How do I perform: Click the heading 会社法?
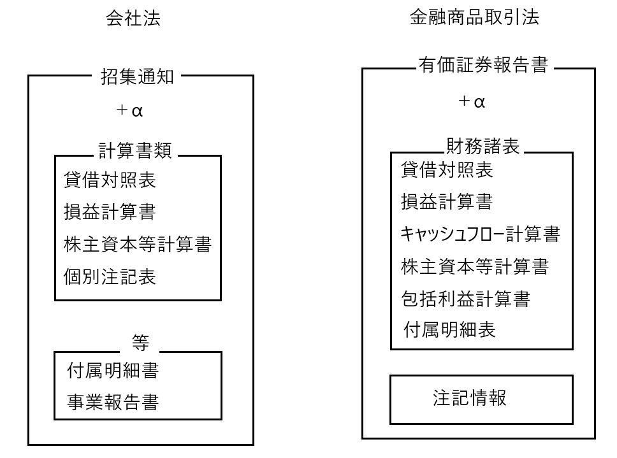pyautogui.click(x=133, y=18)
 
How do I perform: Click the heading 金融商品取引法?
pyautogui.click(x=474, y=17)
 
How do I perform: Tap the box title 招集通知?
pyautogui.click(x=137, y=76)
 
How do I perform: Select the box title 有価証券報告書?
pyautogui.click(x=483, y=64)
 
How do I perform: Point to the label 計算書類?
pyautogui.click(x=135, y=150)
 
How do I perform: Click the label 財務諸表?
pyautogui.click(x=483, y=147)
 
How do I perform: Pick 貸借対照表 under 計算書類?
pyautogui.click(x=110, y=180)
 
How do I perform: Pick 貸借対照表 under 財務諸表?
pyautogui.click(x=447, y=170)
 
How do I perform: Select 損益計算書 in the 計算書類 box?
pyautogui.click(x=110, y=212)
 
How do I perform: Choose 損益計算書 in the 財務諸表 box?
pyautogui.click(x=447, y=202)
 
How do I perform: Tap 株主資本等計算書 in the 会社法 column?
pyautogui.click(x=138, y=244)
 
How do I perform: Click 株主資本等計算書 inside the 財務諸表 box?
pyautogui.click(x=475, y=266)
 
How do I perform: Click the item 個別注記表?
pyautogui.click(x=110, y=276)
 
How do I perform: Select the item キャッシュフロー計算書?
pyautogui.click(x=480, y=234)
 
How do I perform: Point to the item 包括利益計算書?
pyautogui.click(x=465, y=298)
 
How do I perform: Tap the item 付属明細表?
pyautogui.click(x=449, y=329)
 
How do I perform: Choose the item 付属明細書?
pyautogui.click(x=113, y=370)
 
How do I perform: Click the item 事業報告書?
pyautogui.click(x=113, y=402)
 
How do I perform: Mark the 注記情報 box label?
pyautogui.click(x=470, y=398)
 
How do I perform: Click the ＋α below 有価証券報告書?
pyautogui.click(x=472, y=101)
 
